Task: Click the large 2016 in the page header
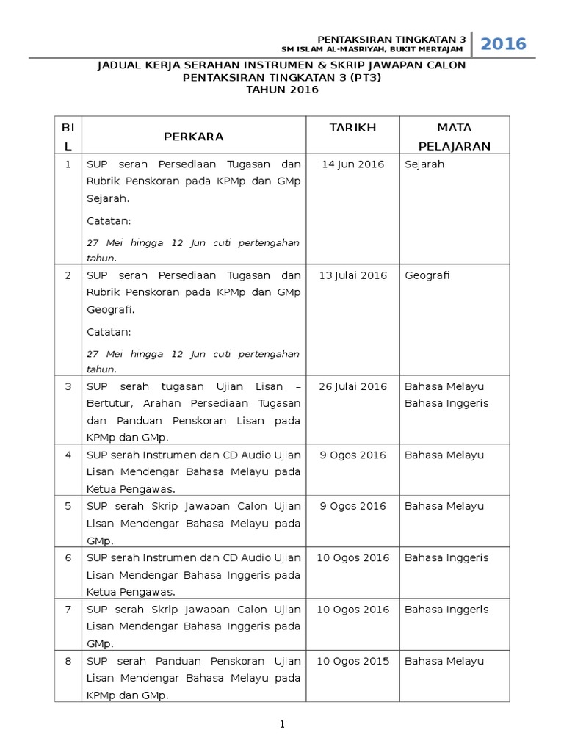click(x=504, y=44)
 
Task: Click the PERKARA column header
click(x=194, y=137)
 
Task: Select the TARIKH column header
click(x=352, y=128)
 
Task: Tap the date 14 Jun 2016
click(x=352, y=164)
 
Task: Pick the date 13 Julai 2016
click(x=352, y=276)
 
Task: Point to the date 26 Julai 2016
click(x=352, y=387)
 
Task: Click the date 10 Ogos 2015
click(x=352, y=661)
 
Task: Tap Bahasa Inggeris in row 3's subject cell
click(x=446, y=403)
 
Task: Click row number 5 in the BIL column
click(x=68, y=506)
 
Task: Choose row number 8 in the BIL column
click(x=68, y=661)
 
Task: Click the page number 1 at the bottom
click(x=282, y=725)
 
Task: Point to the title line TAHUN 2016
click(x=282, y=90)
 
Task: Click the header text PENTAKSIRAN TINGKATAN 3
click(x=391, y=39)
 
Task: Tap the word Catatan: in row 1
click(x=109, y=220)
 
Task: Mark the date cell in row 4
click(x=352, y=455)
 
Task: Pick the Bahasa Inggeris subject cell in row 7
click(x=446, y=610)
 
